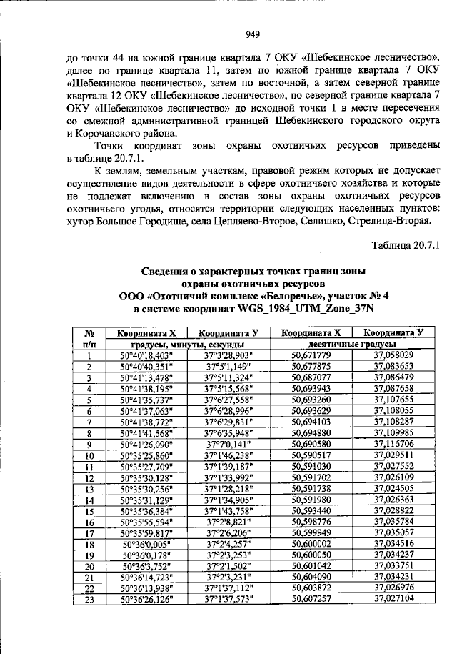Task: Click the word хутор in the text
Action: [x=80, y=221]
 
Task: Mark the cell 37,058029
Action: [x=393, y=355]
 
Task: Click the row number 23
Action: [x=90, y=599]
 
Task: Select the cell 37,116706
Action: [x=393, y=444]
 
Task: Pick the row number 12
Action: [x=90, y=477]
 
